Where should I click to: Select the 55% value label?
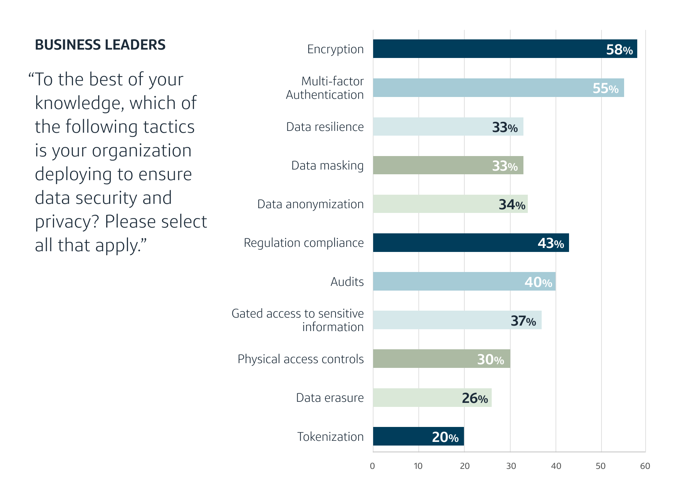[605, 88]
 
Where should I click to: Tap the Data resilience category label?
[325, 127]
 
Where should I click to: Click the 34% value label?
[512, 205]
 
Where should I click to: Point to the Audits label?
[347, 282]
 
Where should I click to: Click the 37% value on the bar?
[523, 321]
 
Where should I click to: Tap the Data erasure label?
[330, 398]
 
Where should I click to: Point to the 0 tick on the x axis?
[372, 466]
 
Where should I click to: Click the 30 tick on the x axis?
[511, 466]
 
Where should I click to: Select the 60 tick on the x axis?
[645, 466]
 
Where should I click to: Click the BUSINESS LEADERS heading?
[100, 45]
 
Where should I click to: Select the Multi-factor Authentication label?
[325, 88]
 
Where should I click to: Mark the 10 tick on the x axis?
[418, 466]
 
